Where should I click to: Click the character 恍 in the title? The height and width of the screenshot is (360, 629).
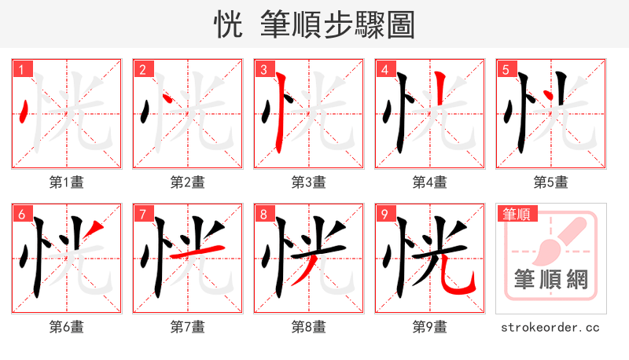229,25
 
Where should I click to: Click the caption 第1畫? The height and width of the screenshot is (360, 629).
66,182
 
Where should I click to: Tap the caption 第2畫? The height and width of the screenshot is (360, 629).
187,182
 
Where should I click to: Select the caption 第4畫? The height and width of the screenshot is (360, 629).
429,182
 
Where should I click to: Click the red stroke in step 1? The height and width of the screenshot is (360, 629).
27,112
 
